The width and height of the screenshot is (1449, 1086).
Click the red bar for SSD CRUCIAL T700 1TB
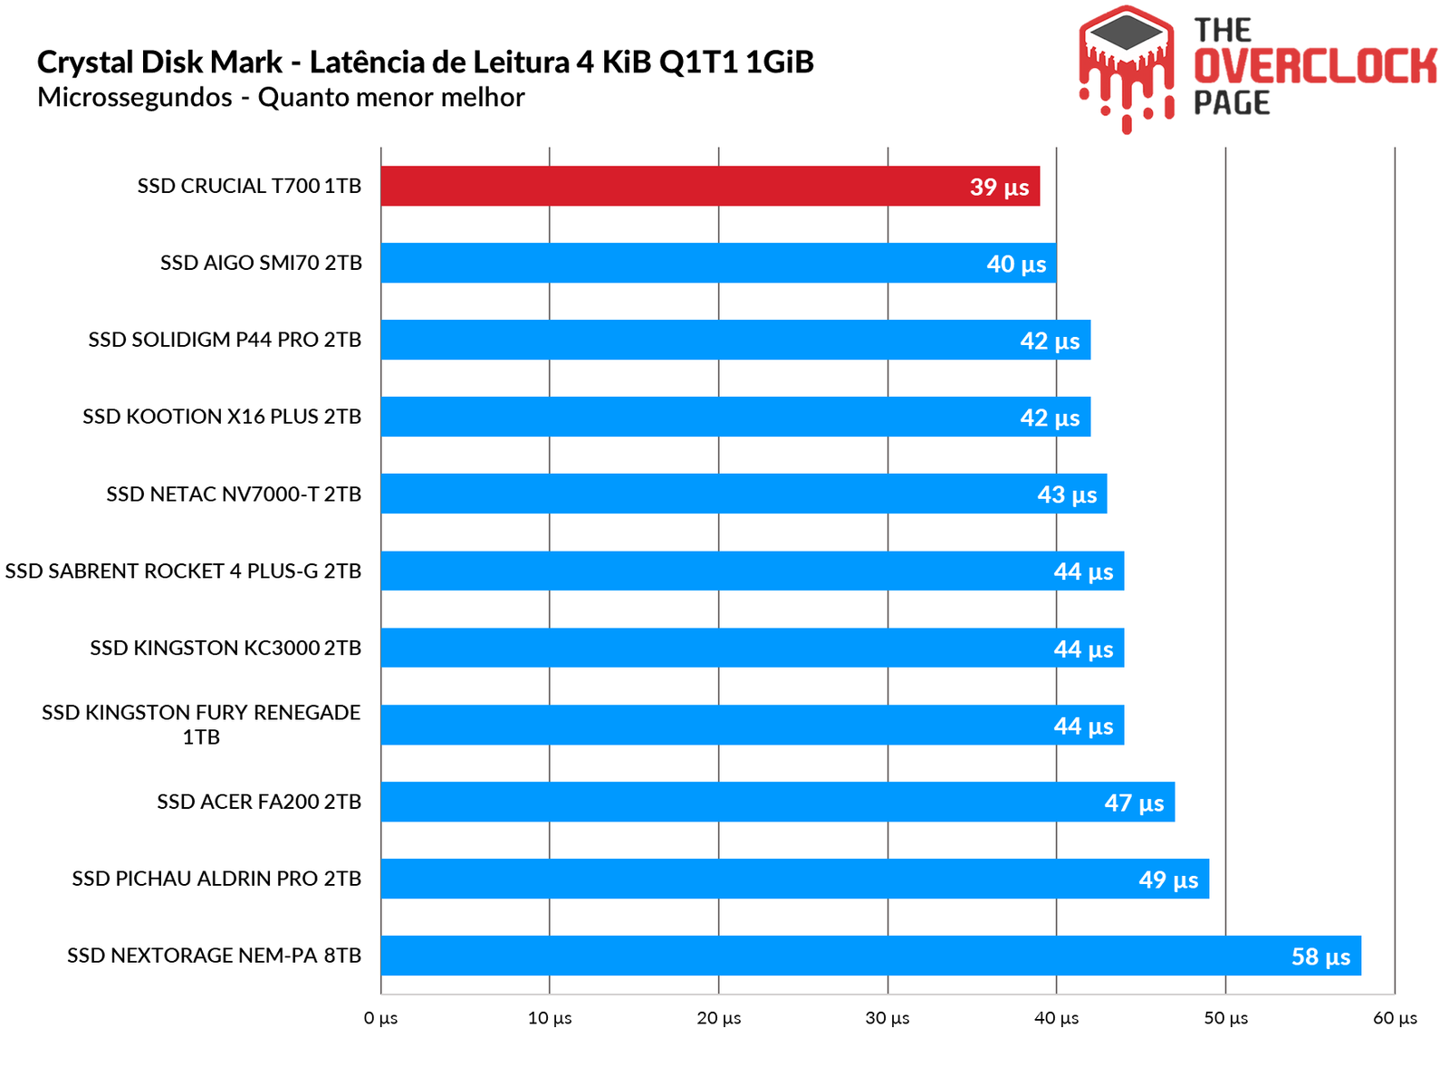tap(710, 186)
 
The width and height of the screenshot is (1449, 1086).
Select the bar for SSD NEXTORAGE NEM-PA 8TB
tap(870, 956)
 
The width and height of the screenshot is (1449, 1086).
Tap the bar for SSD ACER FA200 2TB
tap(777, 802)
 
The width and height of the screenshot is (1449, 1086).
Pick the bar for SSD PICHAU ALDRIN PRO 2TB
tap(794, 879)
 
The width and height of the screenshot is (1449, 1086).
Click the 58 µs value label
tap(1320, 956)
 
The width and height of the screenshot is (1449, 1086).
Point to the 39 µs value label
tap(999, 187)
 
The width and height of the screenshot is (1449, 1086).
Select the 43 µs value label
tap(1067, 495)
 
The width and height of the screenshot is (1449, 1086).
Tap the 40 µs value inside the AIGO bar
tap(1016, 264)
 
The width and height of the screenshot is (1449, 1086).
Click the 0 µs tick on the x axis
tap(380, 1018)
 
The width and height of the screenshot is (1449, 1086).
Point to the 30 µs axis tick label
tap(888, 1018)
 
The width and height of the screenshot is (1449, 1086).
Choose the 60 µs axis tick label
tap(1395, 1018)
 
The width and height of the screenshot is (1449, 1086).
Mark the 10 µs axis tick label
tap(550, 1018)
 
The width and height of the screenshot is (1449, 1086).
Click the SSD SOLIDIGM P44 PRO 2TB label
tap(225, 340)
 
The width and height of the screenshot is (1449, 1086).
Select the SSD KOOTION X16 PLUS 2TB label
tap(222, 417)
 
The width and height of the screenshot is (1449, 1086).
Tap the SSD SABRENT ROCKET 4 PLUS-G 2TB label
tap(183, 571)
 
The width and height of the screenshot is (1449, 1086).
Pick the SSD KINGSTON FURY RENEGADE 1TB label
tap(201, 724)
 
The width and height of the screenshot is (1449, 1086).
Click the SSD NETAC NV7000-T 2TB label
tap(234, 494)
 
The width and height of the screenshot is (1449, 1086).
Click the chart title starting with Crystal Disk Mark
tap(426, 62)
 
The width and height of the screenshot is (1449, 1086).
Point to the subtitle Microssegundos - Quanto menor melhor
tap(281, 97)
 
